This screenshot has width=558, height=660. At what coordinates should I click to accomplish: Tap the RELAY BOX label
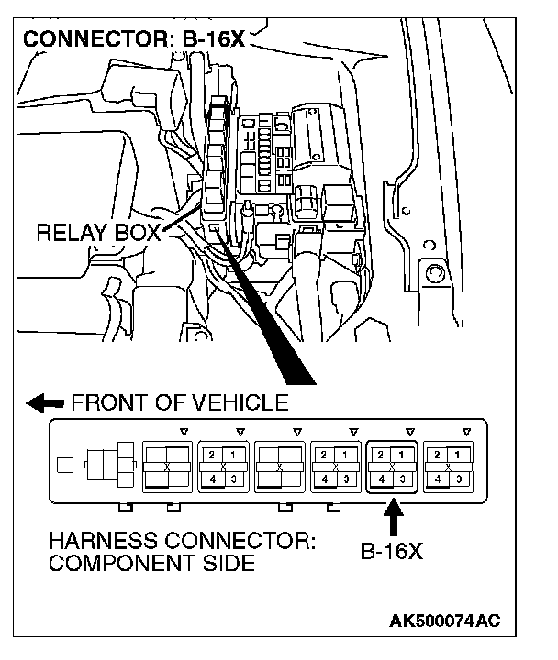tap(98, 233)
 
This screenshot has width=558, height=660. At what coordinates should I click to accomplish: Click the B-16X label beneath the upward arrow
tap(392, 553)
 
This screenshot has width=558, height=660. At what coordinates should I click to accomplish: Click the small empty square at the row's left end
tap(64, 464)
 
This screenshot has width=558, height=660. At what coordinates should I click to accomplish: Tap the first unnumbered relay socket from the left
tap(166, 465)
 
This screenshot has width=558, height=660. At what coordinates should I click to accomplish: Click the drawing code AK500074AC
tap(444, 621)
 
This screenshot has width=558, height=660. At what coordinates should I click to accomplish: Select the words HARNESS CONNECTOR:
tap(182, 541)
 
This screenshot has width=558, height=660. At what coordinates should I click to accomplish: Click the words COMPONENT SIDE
tap(151, 563)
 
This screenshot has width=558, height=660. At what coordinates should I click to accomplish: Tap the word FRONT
tap(103, 402)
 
